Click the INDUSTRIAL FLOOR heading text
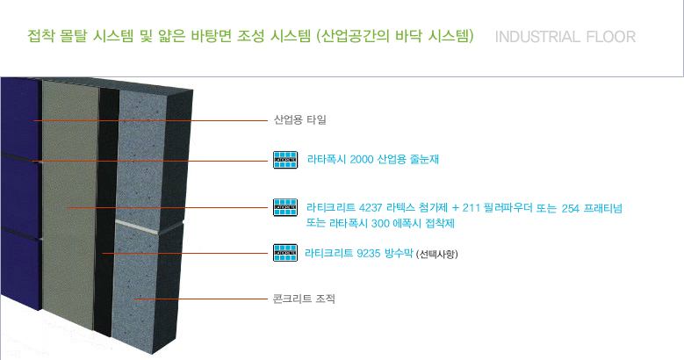[x=565, y=38]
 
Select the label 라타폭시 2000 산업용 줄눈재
[x=373, y=160]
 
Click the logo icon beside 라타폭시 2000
[x=285, y=160]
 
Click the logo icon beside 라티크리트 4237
[x=285, y=207]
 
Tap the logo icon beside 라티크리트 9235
[x=285, y=254]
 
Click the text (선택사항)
[x=437, y=255]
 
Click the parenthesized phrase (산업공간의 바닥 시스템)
[x=399, y=37]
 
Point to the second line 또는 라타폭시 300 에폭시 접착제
[x=379, y=223]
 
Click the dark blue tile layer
[x=19, y=193]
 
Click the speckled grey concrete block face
[x=145, y=281]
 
